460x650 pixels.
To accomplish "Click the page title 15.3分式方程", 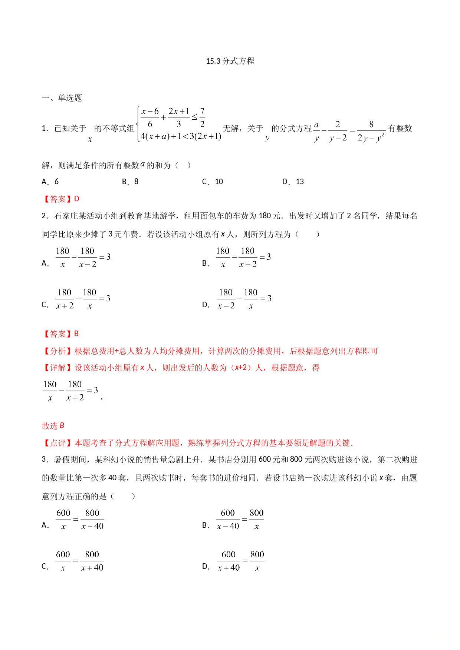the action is (230, 61).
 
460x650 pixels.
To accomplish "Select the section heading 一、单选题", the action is (62, 98).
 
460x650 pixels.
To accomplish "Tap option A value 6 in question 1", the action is (56, 182).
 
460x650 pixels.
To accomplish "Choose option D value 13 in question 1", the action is (300, 182).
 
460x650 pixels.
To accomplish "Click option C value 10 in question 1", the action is (219, 182).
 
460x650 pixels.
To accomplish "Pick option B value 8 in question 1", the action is (136, 182).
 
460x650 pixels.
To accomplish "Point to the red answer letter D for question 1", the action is (77, 199).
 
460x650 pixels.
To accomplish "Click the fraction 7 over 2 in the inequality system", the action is (202, 117).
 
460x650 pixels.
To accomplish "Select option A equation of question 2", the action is (83, 258).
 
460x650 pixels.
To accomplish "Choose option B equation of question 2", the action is (243, 258).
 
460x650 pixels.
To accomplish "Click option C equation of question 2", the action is (83, 299).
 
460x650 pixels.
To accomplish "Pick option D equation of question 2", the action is (244, 299).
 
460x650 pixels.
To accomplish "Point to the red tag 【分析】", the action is (58, 351).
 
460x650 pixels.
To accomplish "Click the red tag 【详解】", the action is (58, 368).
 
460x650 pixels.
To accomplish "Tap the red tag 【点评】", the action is (58, 443).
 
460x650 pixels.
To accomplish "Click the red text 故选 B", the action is (53, 426).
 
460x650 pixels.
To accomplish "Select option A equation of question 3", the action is (80, 520).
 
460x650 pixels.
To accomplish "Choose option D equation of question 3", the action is (241, 561).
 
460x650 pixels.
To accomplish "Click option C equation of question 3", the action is (80, 561).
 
